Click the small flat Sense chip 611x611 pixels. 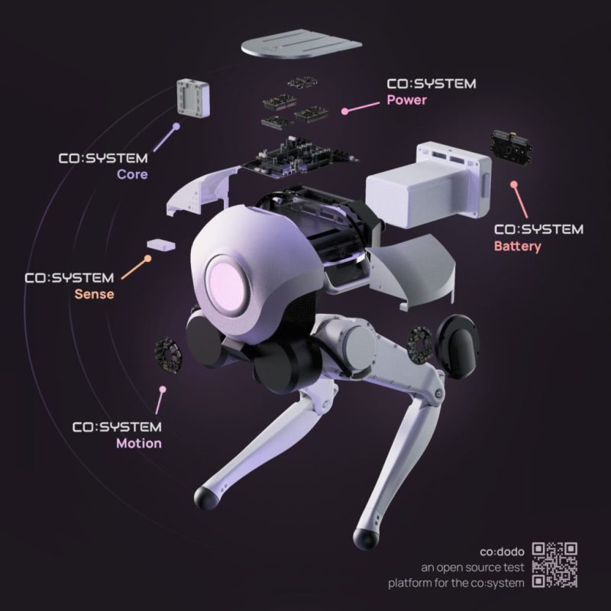pyautogui.click(x=161, y=243)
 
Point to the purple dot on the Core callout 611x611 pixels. pyautogui.click(x=176, y=127)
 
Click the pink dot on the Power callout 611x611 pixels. pyautogui.click(x=345, y=111)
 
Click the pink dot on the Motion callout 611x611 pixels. pyautogui.click(x=161, y=389)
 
